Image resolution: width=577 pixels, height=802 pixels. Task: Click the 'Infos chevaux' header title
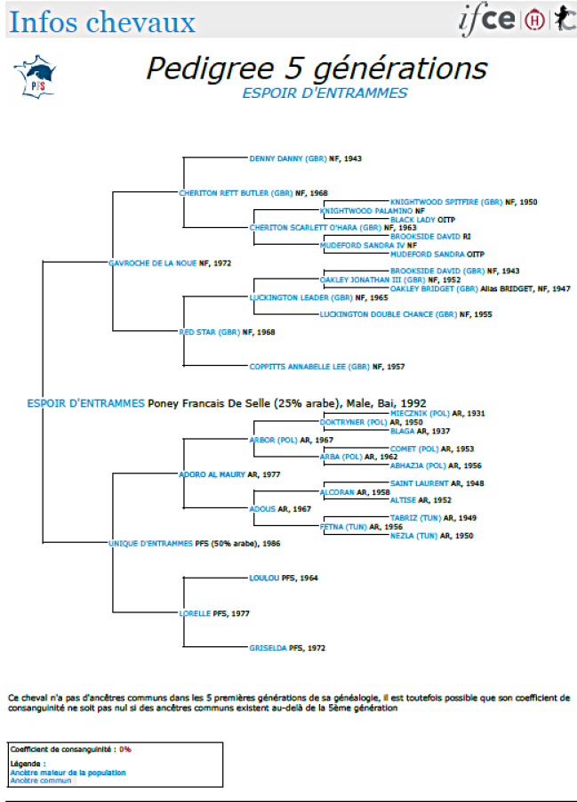[x=101, y=21]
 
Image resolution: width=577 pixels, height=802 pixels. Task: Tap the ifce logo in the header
[x=487, y=20]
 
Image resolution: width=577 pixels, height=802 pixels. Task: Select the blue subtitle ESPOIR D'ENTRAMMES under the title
[x=325, y=93]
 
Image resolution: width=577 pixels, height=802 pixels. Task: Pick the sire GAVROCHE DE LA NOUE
[x=152, y=263]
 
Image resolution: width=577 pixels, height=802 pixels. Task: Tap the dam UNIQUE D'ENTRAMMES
[x=150, y=543]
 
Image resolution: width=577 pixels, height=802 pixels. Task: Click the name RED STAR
[x=198, y=332]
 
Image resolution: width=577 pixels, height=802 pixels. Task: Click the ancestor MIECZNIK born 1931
[x=421, y=414]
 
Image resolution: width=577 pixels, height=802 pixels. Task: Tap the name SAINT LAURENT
[x=420, y=482]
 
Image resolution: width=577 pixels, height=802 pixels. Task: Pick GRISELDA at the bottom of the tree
[x=268, y=648]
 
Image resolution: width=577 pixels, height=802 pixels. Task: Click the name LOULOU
[x=265, y=578]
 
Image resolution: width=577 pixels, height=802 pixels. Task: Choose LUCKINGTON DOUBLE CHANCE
[x=389, y=314]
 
